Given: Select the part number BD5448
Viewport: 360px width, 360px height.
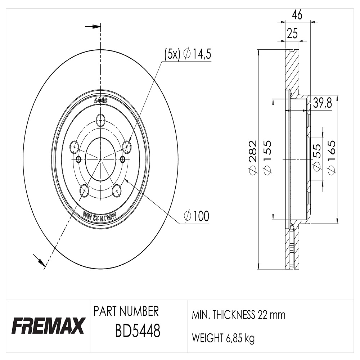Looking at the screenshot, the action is pyautogui.click(x=138, y=331).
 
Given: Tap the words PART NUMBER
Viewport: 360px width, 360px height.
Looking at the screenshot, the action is pyautogui.click(x=126, y=311).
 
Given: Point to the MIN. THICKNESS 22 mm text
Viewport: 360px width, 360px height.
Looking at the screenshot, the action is pyautogui.click(x=238, y=315).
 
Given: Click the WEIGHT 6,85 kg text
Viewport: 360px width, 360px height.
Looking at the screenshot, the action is pyautogui.click(x=223, y=338).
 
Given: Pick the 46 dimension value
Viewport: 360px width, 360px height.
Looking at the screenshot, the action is pyautogui.click(x=297, y=15).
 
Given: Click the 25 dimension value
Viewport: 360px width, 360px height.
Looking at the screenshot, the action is pyautogui.click(x=292, y=33).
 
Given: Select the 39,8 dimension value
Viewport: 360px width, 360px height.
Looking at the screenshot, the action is pyautogui.click(x=322, y=103).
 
